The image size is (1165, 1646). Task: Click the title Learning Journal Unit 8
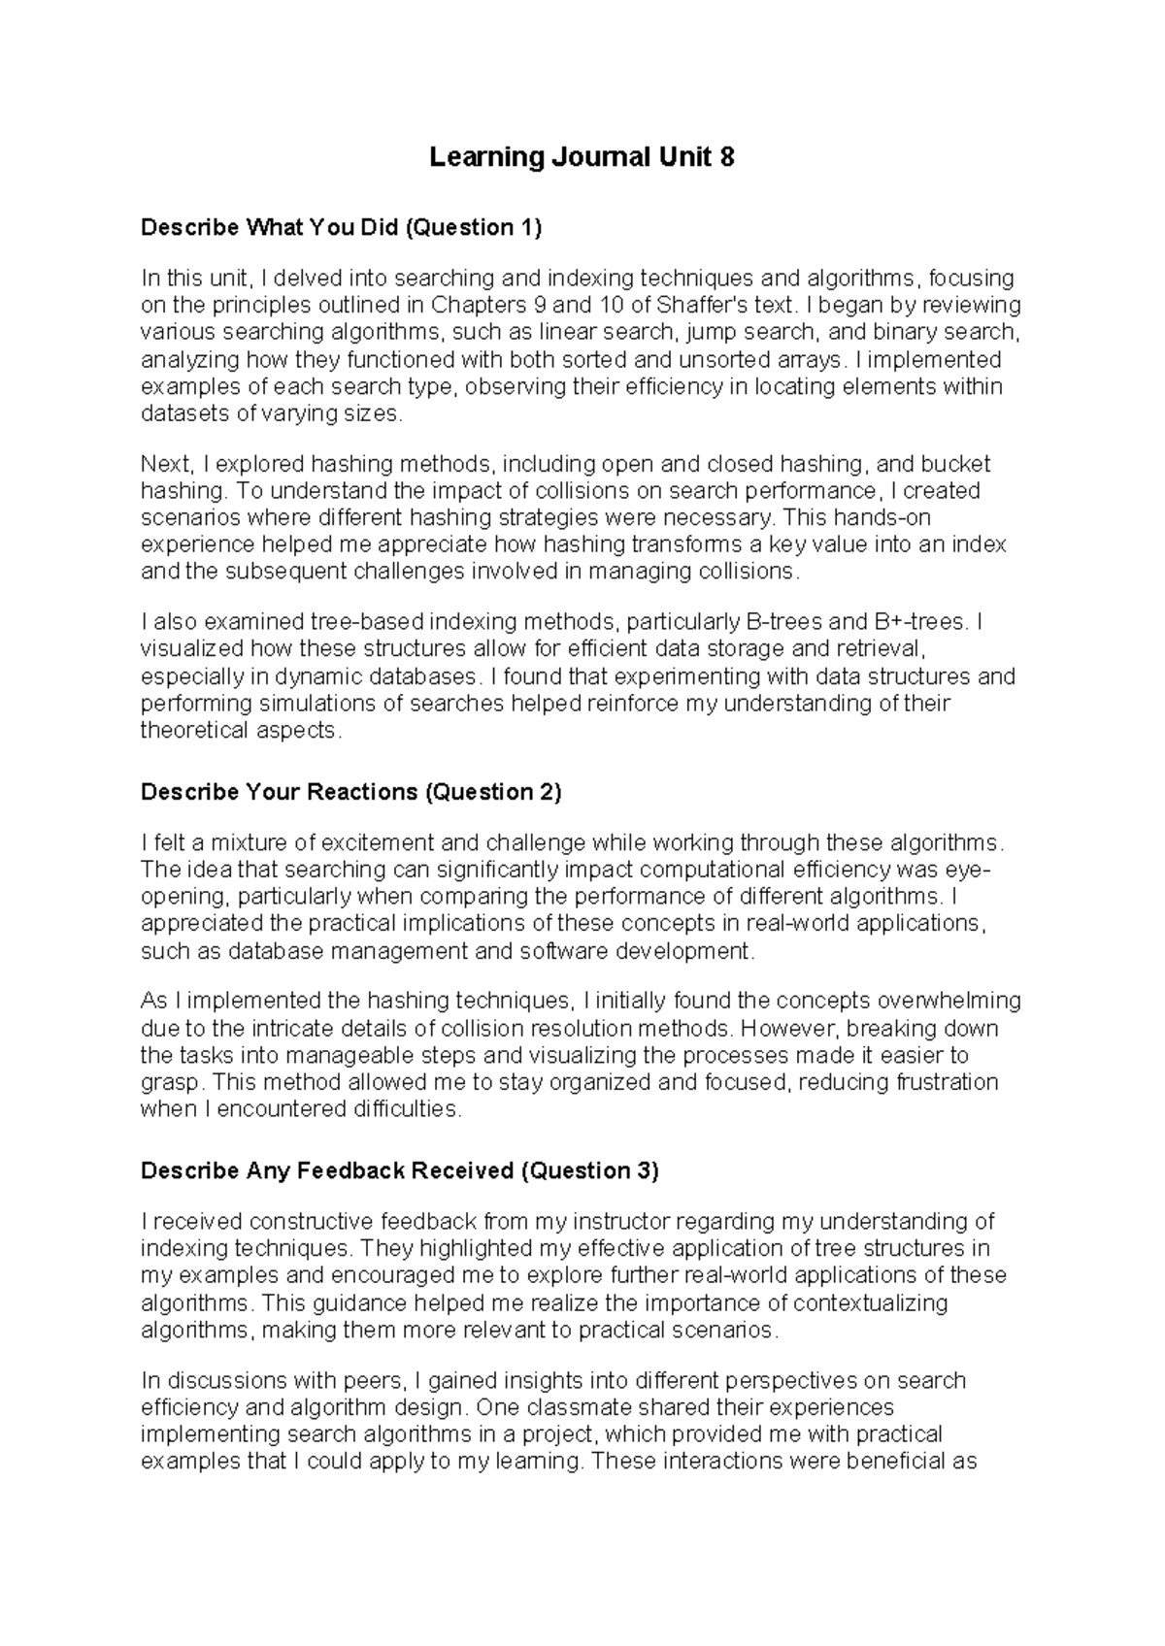tap(582, 157)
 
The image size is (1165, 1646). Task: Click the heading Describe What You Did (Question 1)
tap(341, 228)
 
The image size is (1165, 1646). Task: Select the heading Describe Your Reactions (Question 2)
tap(350, 792)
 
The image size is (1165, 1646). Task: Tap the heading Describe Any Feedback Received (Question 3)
tap(399, 1170)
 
